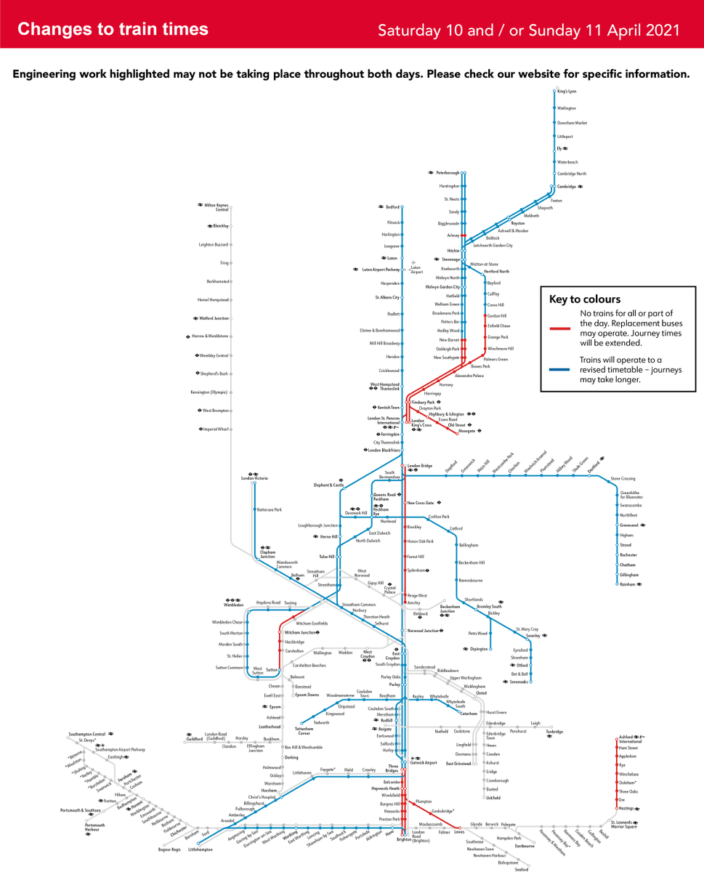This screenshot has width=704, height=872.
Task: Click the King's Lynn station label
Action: point(567,92)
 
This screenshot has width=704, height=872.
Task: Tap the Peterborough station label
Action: point(448,173)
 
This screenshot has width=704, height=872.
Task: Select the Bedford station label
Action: point(392,207)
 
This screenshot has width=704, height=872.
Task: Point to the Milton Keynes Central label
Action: point(217,207)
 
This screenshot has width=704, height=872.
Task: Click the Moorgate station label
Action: point(466,431)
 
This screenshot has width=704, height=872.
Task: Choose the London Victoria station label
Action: point(255,479)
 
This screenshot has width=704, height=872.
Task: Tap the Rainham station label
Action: point(628,584)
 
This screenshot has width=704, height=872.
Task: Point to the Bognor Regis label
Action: point(169,849)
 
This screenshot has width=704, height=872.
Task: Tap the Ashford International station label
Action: point(628,740)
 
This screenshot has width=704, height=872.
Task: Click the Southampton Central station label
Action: point(87,734)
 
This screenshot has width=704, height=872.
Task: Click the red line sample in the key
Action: point(563,328)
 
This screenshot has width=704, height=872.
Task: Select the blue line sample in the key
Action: point(563,369)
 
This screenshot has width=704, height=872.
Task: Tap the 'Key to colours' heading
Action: point(584,299)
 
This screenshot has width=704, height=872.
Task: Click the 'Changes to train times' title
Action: point(113,29)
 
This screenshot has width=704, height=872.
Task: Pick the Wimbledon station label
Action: point(233,605)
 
